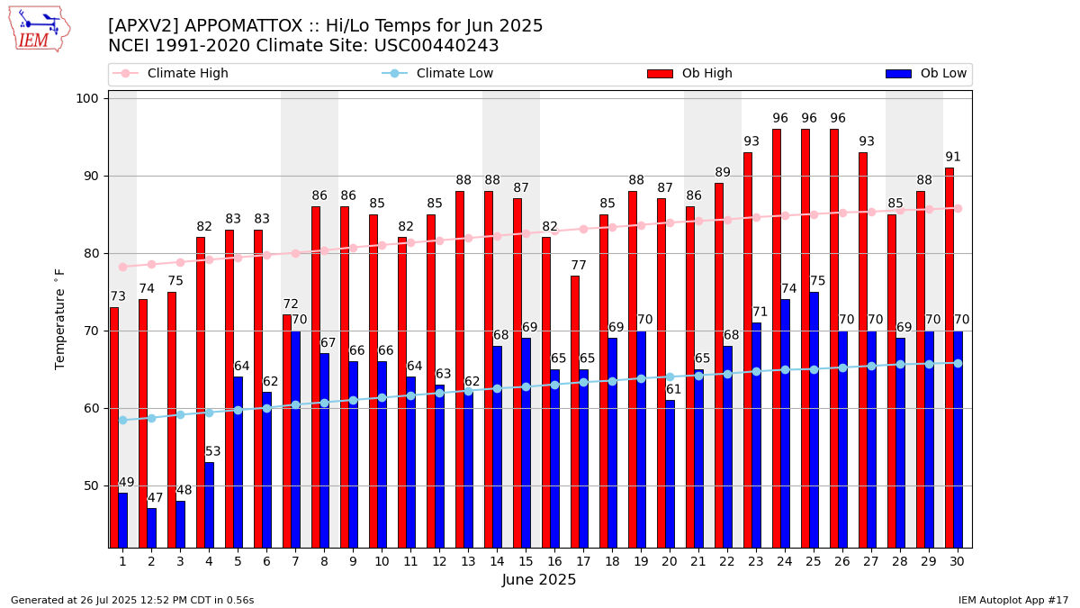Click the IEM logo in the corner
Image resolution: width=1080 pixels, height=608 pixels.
(x=39, y=29)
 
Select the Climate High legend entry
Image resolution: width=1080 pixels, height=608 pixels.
(x=187, y=74)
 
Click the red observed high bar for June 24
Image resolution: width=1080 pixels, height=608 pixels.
(x=777, y=338)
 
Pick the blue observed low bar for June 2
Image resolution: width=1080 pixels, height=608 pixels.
(x=151, y=528)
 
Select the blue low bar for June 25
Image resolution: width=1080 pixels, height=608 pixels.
(x=814, y=420)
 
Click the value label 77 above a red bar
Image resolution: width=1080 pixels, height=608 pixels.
(x=579, y=266)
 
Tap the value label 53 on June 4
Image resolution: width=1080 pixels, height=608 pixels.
(x=213, y=452)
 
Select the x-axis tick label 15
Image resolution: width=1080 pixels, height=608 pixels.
(x=526, y=561)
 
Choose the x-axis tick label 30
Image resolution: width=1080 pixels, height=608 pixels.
(x=958, y=561)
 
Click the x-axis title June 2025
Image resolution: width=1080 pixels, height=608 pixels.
(x=539, y=580)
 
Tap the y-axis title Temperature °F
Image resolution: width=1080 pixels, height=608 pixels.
(x=60, y=319)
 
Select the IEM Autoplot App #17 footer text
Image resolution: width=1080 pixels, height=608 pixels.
(x=1013, y=600)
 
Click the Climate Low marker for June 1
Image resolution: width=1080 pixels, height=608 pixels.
(x=122, y=420)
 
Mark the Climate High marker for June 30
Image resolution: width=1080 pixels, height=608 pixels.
(x=958, y=208)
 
